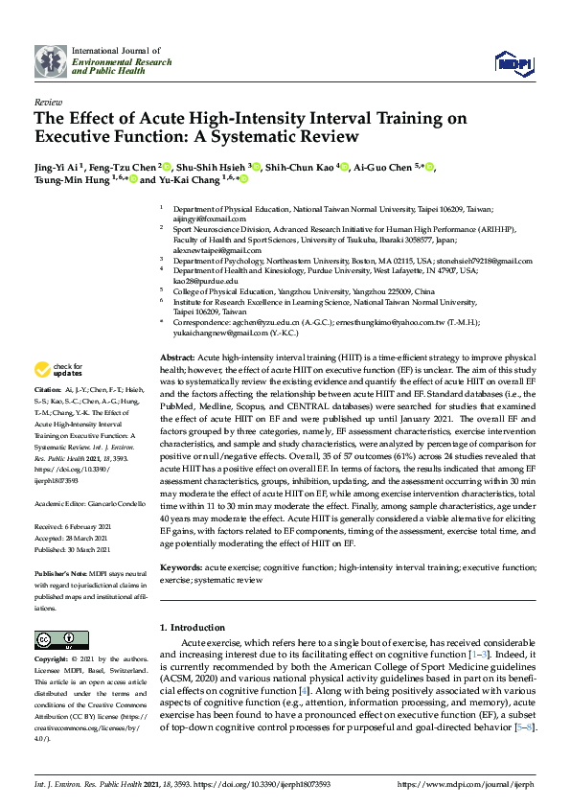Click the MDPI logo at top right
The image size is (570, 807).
coord(513,63)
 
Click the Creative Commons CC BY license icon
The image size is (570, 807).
coord(56,639)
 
